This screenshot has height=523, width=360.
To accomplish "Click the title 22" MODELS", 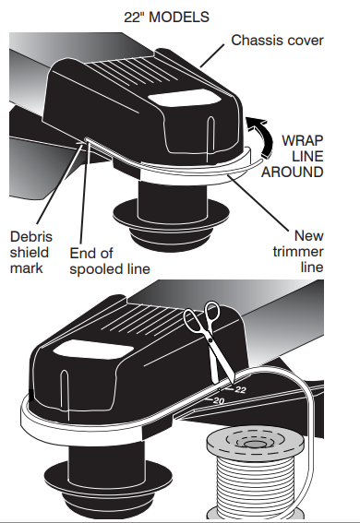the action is pos(166,17).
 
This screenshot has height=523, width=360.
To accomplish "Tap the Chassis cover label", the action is pos(277,41).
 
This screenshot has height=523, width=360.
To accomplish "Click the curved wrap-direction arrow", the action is pos(262,134).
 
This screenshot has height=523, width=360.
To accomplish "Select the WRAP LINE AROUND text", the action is pos(293,156).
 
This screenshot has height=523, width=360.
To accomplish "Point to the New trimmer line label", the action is pos(298,252).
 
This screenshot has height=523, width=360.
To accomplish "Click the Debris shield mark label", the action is pos(31,253).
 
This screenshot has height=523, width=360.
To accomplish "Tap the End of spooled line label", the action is pos(110,261).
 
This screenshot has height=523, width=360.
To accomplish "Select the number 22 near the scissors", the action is pos(240,389).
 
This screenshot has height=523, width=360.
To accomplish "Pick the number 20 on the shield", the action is pos(219,400).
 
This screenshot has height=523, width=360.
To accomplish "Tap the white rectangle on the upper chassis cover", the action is pos(185,99).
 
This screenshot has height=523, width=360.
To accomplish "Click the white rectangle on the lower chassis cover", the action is pos(93,351).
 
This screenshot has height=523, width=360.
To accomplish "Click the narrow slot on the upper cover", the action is pos(210,137).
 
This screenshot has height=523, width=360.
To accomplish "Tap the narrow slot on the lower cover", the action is pos(65,395).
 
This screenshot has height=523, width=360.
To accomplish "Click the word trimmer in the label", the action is pos(298,252).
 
